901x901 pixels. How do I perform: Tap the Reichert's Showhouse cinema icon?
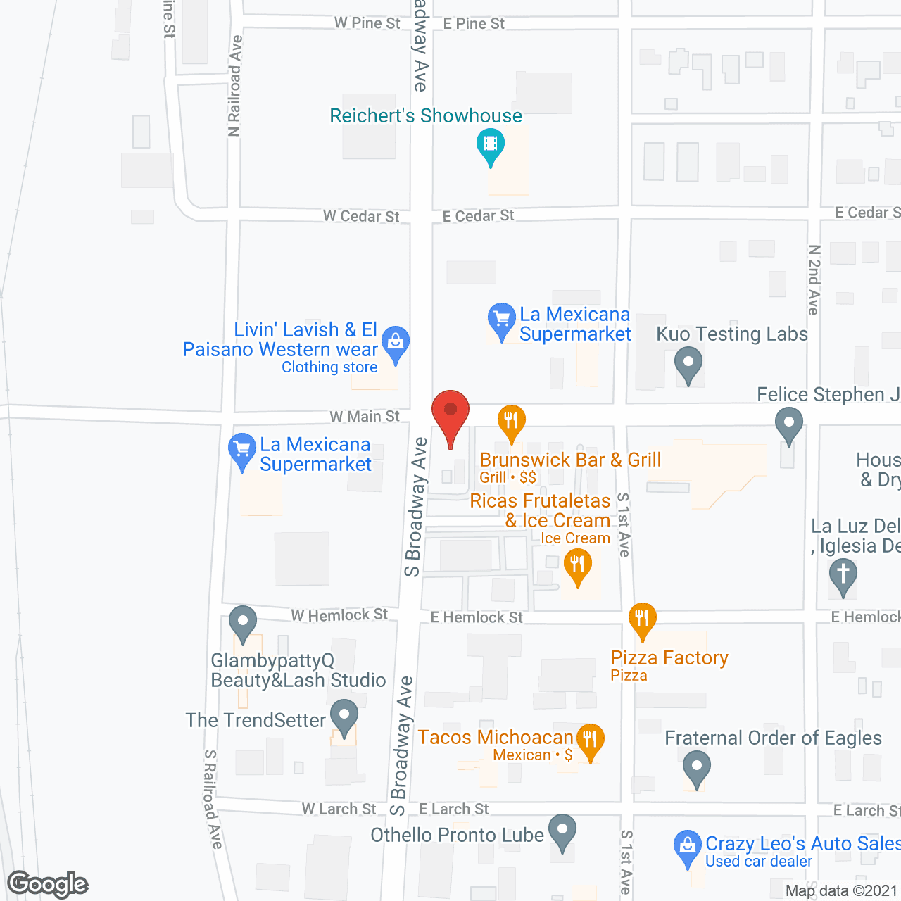(491, 144)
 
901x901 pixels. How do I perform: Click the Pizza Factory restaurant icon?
(642, 619)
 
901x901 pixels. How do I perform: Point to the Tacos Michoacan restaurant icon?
(590, 739)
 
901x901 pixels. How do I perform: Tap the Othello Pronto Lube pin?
(562, 831)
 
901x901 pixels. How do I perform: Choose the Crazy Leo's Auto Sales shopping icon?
(687, 846)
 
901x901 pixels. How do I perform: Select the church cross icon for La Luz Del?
(843, 574)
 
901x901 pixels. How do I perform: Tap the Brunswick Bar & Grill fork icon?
(512, 421)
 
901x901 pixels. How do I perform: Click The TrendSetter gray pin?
(344, 716)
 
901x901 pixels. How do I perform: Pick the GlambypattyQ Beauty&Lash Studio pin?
(243, 622)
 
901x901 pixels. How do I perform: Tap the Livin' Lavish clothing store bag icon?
(396, 343)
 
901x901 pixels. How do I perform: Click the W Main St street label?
(365, 417)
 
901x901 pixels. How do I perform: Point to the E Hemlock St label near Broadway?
(477, 617)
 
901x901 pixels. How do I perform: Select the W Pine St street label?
(367, 23)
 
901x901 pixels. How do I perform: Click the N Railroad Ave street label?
(234, 86)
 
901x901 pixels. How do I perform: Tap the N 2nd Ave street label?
(814, 279)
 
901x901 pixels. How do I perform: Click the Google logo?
(48, 884)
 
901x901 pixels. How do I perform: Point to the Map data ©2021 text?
(841, 891)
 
